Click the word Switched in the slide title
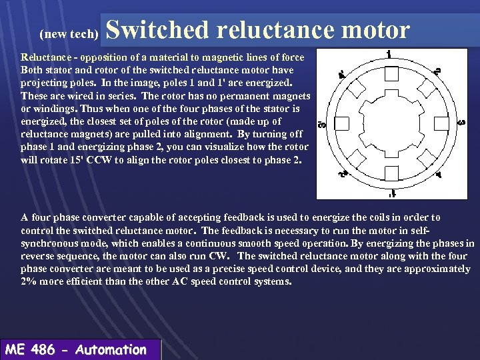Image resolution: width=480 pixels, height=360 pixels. [155, 30]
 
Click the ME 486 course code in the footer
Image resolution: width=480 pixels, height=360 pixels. [30, 349]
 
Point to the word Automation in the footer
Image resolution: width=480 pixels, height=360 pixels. [111, 349]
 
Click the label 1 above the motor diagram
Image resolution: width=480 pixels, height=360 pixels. [389, 54]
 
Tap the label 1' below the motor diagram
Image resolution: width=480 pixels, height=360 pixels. [393, 194]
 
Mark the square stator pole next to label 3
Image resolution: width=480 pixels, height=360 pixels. [440, 124]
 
